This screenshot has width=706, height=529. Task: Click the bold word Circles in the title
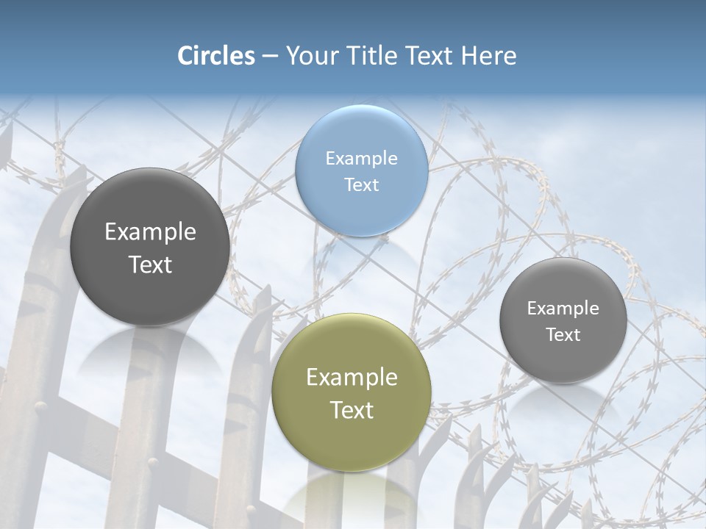tap(216, 56)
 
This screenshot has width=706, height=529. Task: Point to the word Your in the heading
tap(312, 56)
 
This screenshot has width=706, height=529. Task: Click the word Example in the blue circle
tap(361, 158)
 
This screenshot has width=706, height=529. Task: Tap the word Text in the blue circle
tap(361, 184)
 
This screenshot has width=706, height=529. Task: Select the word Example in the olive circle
tap(352, 377)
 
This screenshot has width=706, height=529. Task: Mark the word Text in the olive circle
tap(352, 410)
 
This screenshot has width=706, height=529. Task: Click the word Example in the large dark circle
tap(150, 231)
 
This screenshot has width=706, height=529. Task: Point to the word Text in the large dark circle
tap(150, 264)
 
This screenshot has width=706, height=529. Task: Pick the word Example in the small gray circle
tap(563, 308)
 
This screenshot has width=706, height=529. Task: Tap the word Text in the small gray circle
tap(563, 334)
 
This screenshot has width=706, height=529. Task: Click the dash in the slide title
tap(270, 56)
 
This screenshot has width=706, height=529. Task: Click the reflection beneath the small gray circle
tap(563, 400)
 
